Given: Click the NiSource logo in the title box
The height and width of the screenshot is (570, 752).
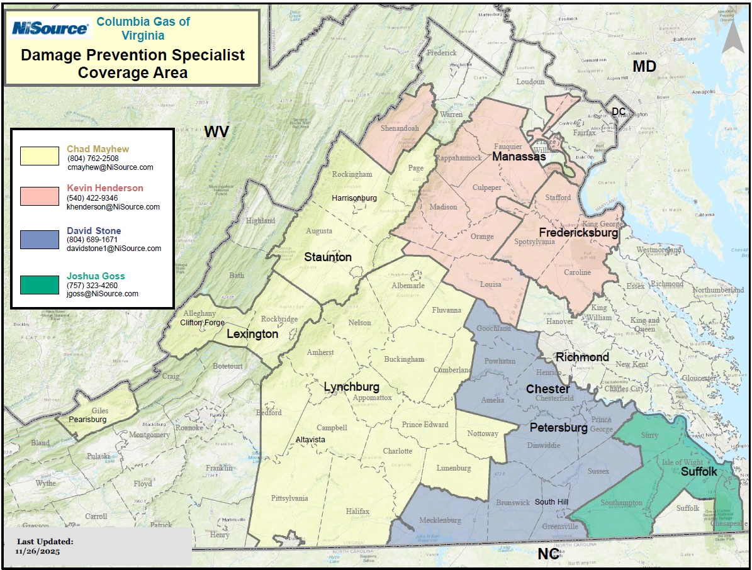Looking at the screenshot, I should [50, 28].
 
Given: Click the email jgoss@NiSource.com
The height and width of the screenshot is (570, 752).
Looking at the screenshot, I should [103, 294].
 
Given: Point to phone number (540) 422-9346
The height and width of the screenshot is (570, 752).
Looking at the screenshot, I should [93, 198].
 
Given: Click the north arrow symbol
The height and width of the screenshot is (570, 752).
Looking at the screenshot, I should [732, 38].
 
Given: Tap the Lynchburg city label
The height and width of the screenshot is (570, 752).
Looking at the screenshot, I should [351, 387].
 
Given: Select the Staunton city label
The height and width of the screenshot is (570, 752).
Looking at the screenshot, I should [328, 257].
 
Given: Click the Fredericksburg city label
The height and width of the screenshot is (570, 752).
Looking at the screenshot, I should [578, 233].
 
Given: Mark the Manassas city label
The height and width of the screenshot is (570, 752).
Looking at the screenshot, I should [519, 156].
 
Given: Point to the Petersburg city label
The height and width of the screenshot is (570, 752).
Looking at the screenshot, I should [558, 428].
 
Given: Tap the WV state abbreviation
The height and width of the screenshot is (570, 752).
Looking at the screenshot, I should [216, 131].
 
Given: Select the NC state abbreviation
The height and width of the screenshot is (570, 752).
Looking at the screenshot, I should [548, 554].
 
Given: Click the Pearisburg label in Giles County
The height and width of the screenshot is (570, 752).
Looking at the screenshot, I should [87, 419].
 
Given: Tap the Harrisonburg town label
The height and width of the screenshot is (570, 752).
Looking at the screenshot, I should [354, 198].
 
